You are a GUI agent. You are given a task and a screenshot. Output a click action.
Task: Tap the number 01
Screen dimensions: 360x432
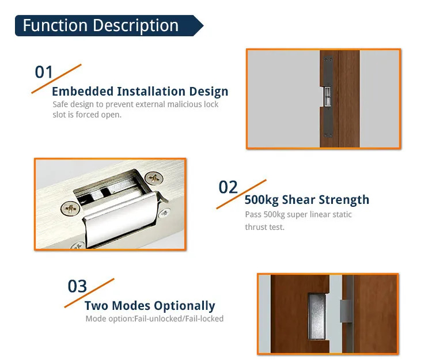coord(44,73)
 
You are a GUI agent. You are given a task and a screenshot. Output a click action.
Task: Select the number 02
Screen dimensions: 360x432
coord(228,188)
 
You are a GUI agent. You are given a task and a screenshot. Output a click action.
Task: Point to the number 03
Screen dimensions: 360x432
coord(77,286)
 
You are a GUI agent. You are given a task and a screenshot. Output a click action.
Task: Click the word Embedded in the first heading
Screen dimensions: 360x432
coord(82,92)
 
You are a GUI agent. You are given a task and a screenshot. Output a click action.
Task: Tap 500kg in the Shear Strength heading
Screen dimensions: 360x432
coord(262,200)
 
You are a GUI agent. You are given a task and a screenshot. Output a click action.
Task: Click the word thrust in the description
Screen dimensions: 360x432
coord(256,227)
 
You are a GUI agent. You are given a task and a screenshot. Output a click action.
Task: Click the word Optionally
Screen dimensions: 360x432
coord(184,306)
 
